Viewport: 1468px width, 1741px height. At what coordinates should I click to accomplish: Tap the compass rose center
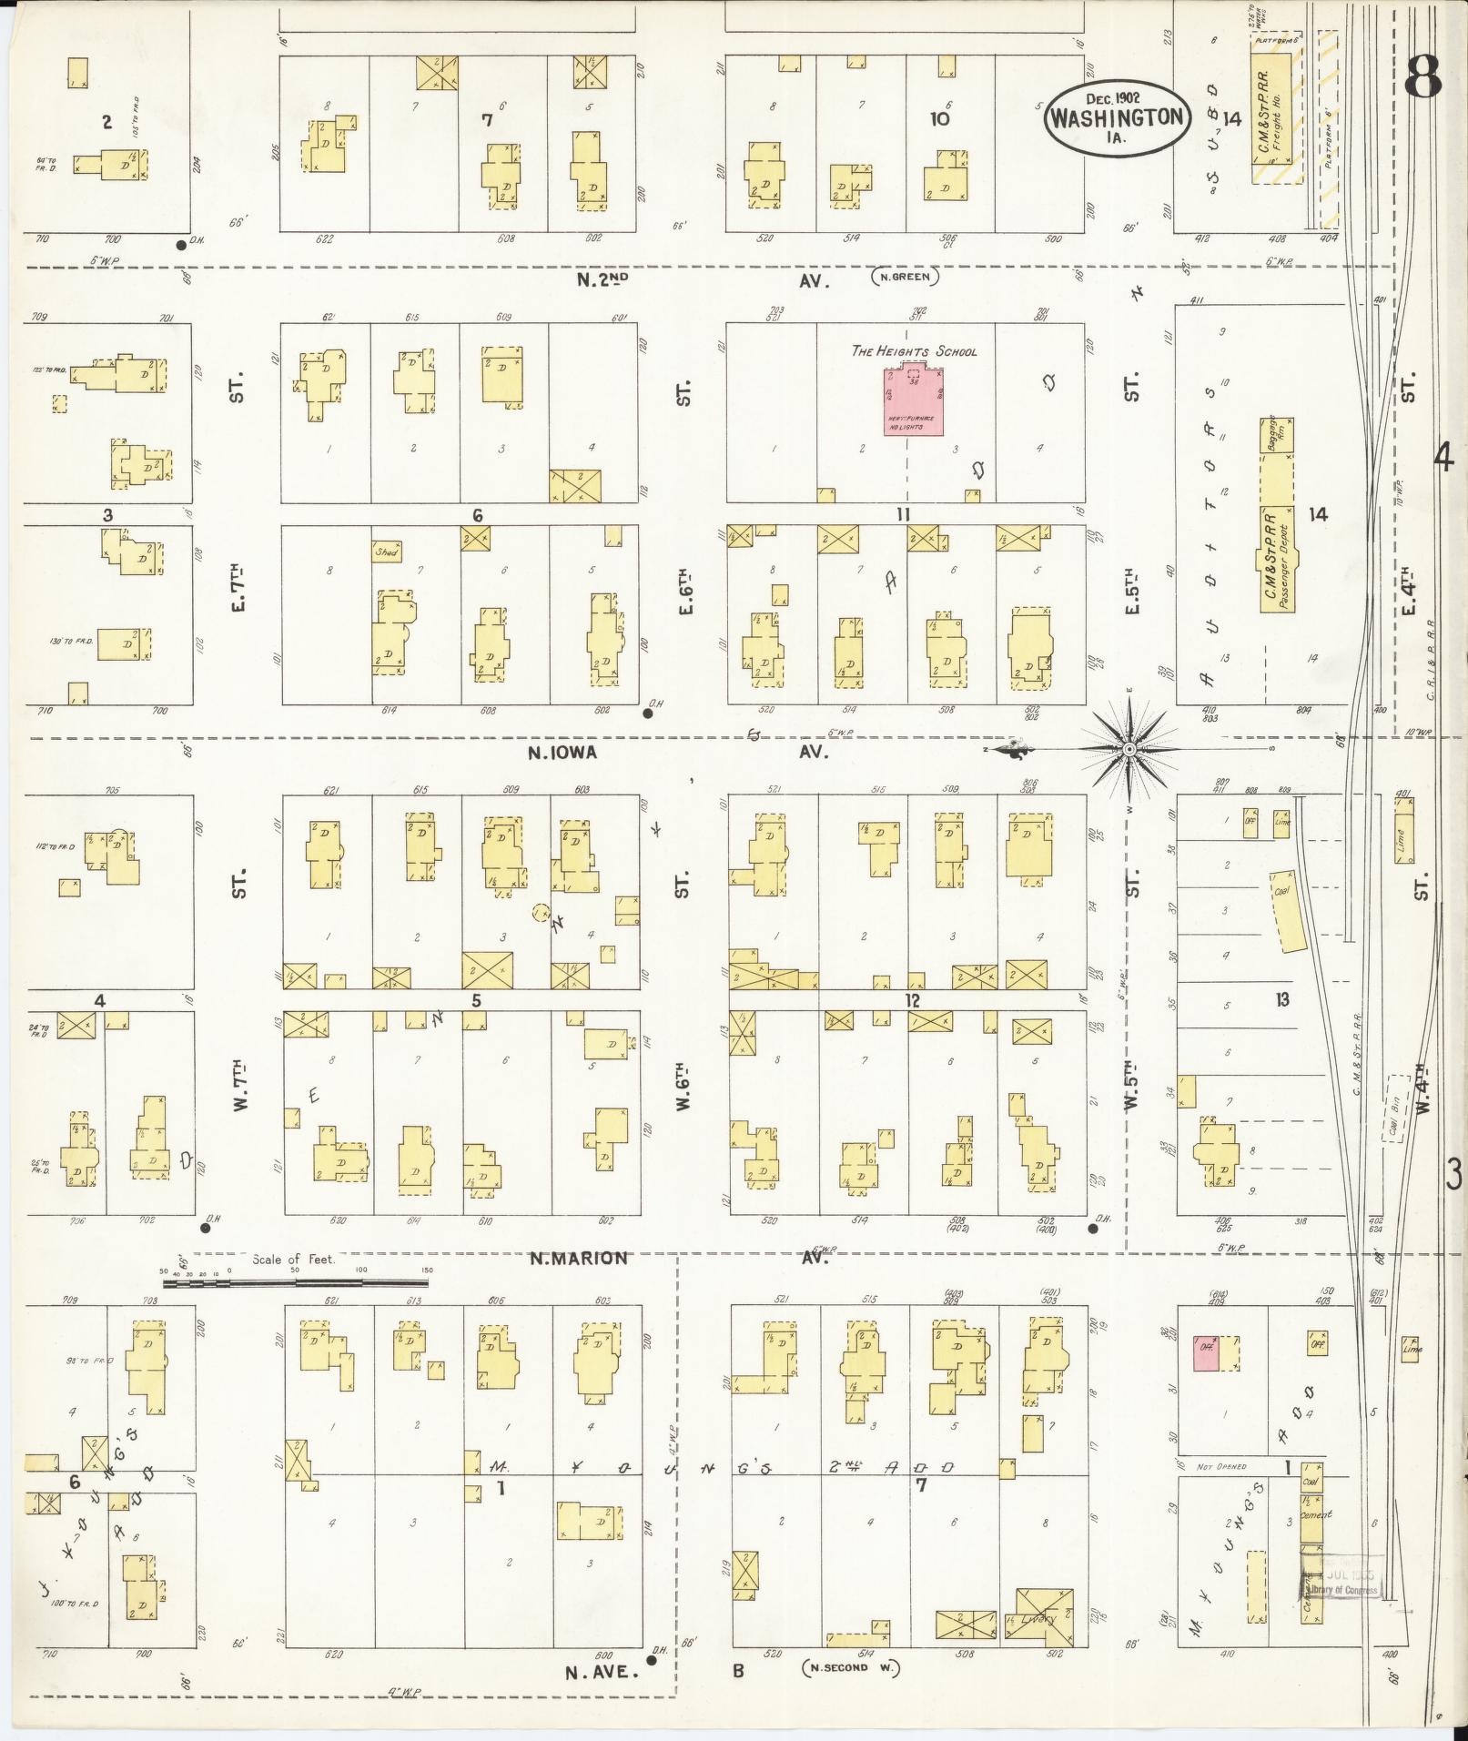[1129, 749]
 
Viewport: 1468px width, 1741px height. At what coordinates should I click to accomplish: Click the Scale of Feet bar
[296, 1283]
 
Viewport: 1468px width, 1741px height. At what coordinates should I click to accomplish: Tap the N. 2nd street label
[602, 280]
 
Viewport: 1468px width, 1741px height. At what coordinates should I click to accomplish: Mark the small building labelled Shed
[387, 552]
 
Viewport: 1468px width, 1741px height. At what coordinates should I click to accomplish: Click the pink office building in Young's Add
[1206, 1353]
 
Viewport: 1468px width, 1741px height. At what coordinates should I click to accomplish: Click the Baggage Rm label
[1276, 434]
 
